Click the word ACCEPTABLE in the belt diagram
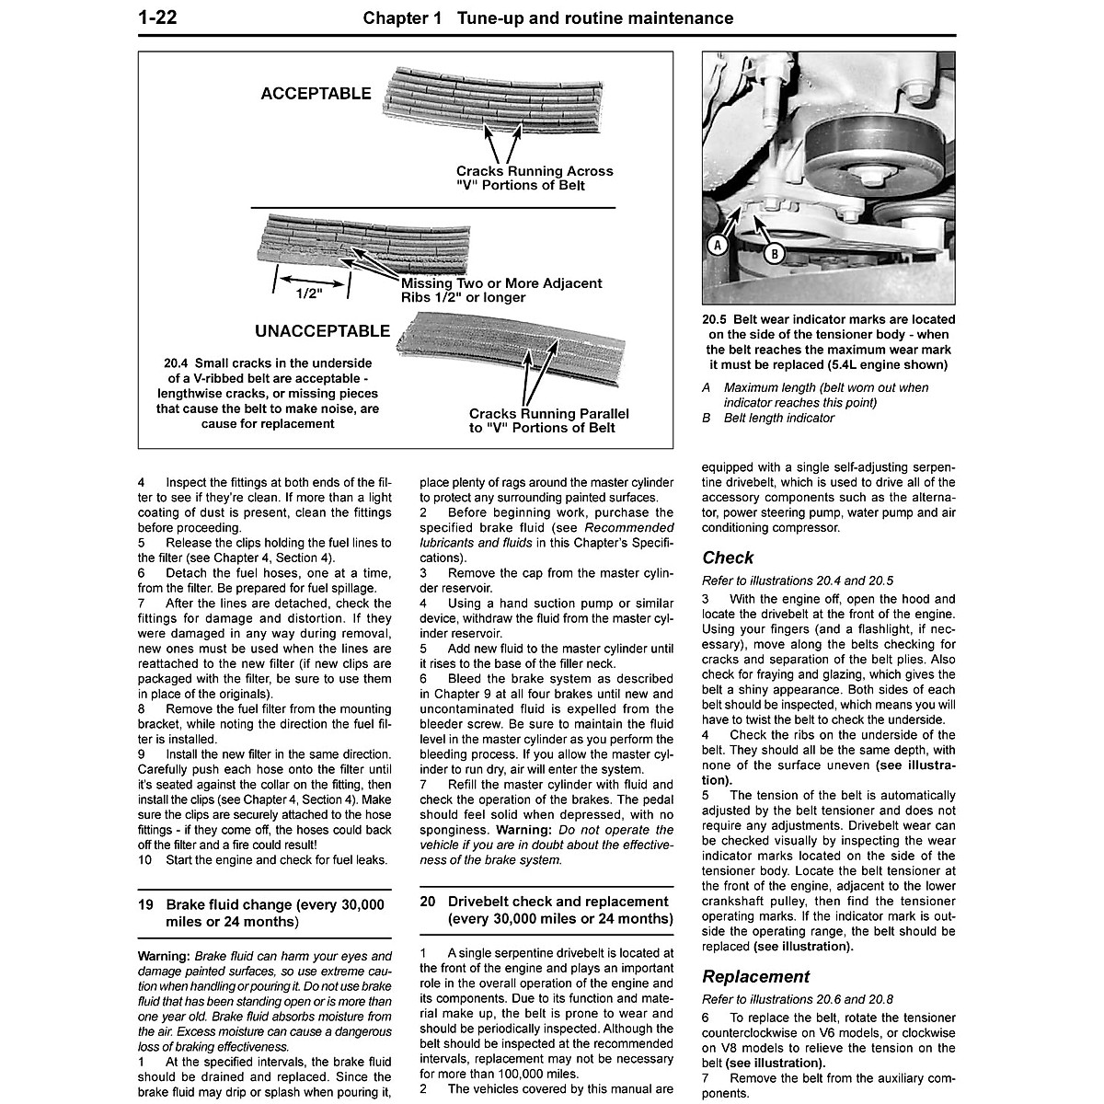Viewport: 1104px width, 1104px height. coord(316,94)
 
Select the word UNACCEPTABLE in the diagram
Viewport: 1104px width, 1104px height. coord(322,331)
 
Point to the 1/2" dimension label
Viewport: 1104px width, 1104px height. coord(311,294)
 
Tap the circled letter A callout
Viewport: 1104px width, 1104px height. coord(717,244)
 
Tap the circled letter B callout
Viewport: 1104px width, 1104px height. coord(773,253)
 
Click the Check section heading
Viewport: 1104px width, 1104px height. coord(727,558)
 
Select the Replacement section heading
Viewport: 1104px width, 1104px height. coord(755,976)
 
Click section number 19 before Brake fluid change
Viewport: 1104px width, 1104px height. coord(145,904)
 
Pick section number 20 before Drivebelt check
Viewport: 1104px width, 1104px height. coord(427,902)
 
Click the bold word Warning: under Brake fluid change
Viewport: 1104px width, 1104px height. coord(164,956)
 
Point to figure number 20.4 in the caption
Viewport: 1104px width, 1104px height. coord(178,362)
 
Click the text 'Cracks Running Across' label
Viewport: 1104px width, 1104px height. coord(534,171)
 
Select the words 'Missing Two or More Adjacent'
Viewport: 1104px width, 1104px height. coord(501,282)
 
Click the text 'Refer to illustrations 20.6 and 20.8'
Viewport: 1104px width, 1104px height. coord(797,999)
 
